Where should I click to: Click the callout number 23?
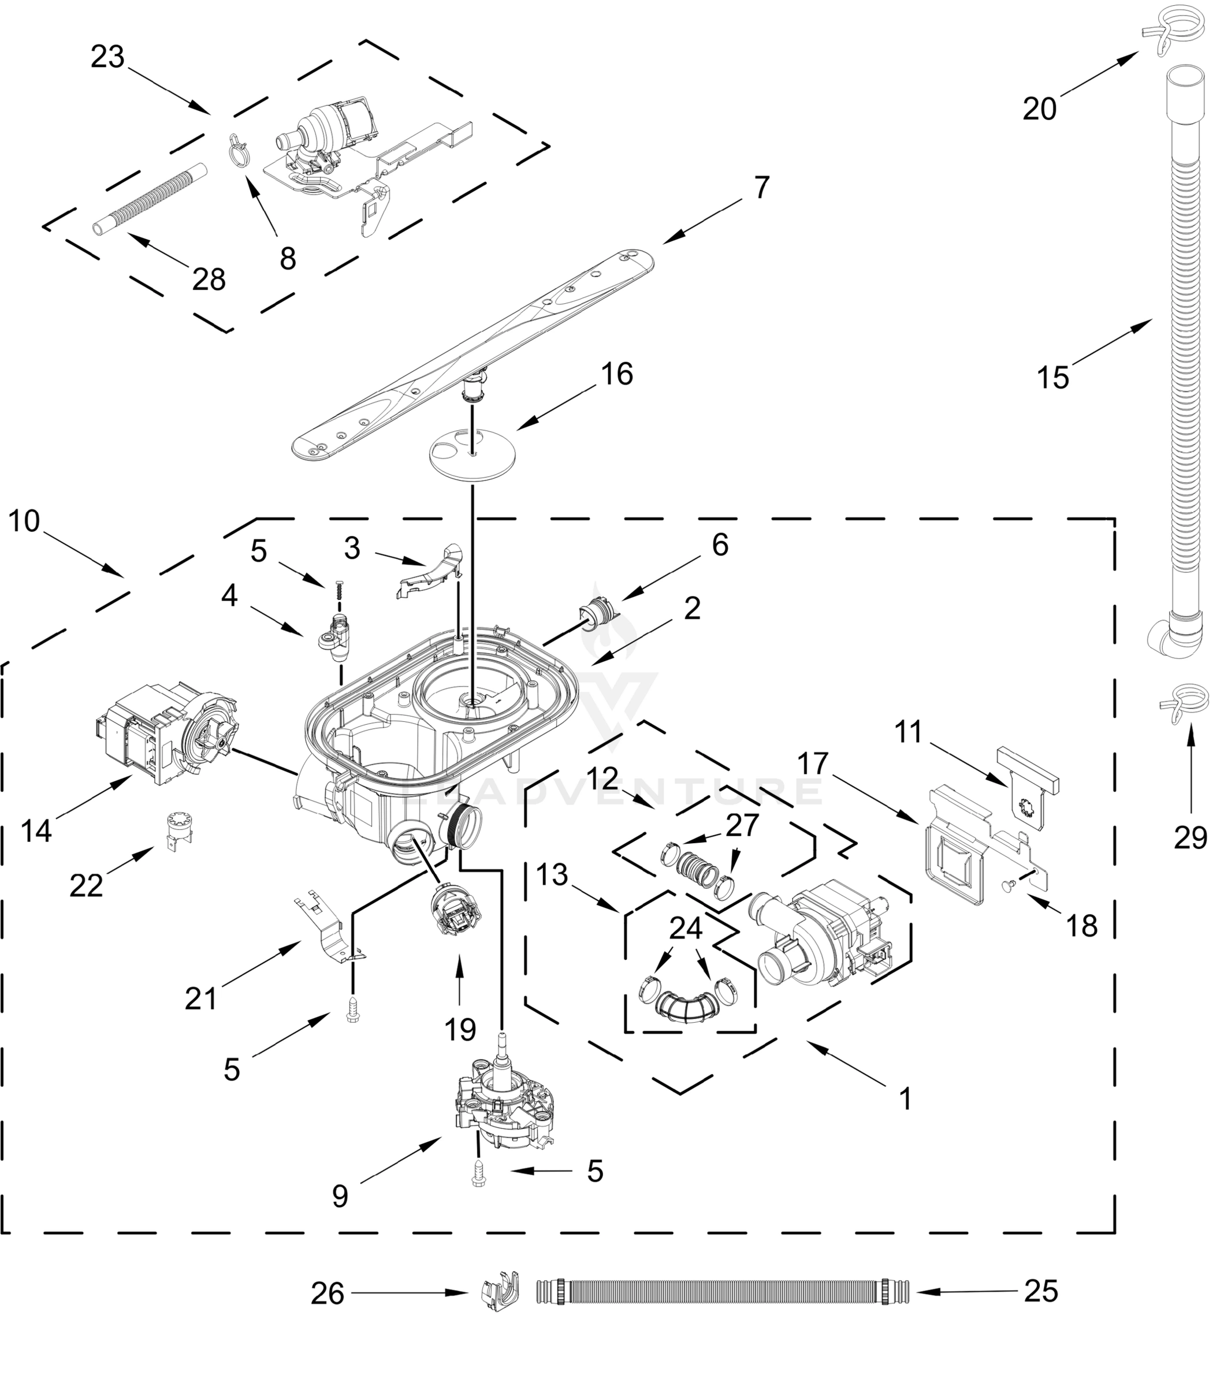pos(108,58)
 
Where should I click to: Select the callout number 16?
pos(616,374)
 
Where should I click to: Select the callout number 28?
pos(208,280)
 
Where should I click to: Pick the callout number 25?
pos(1041,1291)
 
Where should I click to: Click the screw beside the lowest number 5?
pos(479,1172)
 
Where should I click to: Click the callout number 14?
pos(36,830)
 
